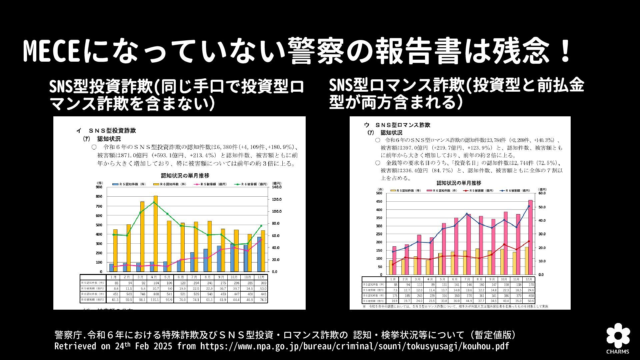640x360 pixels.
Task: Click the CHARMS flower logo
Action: (618, 335)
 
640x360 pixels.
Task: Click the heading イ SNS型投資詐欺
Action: (106, 131)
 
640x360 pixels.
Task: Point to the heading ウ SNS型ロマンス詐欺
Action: (397, 125)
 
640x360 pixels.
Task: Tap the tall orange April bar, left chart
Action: (155, 233)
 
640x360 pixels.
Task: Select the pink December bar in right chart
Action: (530, 237)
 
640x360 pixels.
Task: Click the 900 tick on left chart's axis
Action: (99, 187)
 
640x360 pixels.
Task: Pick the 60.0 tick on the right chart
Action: (541, 193)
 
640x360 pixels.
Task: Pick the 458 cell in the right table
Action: (529, 296)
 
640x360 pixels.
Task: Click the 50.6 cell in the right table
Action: (529, 301)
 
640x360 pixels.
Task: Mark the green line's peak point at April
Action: (154, 202)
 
